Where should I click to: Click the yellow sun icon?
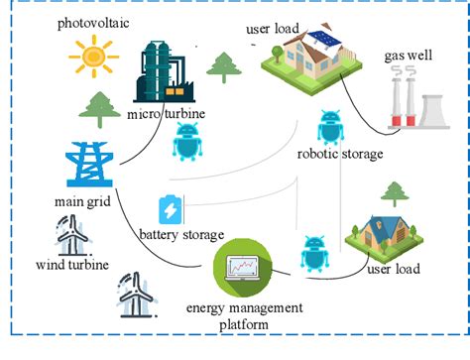[x=92, y=57]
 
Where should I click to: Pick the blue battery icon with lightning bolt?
[x=171, y=209]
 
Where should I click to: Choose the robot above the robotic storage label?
[x=329, y=128]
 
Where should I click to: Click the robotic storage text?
[x=341, y=154]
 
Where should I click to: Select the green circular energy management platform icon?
[x=241, y=265]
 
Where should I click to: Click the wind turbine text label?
[x=71, y=265]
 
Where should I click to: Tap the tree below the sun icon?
[x=98, y=108]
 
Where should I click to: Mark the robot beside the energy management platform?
[x=314, y=253]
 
